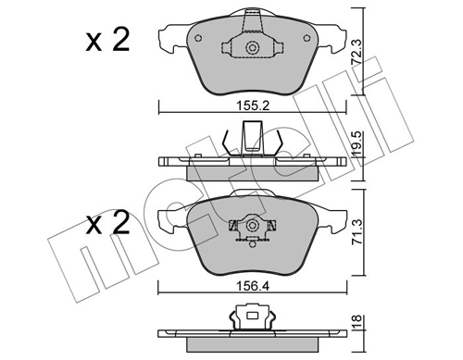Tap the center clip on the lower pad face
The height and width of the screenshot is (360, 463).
[x=249, y=225]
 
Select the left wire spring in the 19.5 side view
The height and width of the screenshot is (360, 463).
[x=226, y=144]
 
